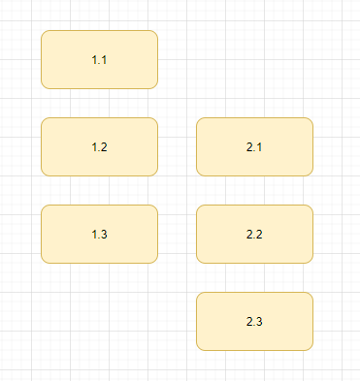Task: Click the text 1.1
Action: click(99, 60)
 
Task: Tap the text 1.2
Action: click(99, 147)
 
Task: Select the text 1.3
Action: click(99, 235)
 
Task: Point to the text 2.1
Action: click(254, 147)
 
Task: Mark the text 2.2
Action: click(254, 235)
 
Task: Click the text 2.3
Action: click(254, 322)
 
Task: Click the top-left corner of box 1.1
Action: click(44, 33)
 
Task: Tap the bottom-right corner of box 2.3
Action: click(311, 347)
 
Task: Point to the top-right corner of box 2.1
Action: click(311, 120)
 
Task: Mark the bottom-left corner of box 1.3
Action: click(44, 260)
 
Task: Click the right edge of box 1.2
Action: click(157, 146)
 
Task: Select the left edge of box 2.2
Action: click(196, 234)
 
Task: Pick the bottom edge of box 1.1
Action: click(99, 88)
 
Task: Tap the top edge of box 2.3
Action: click(254, 292)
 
